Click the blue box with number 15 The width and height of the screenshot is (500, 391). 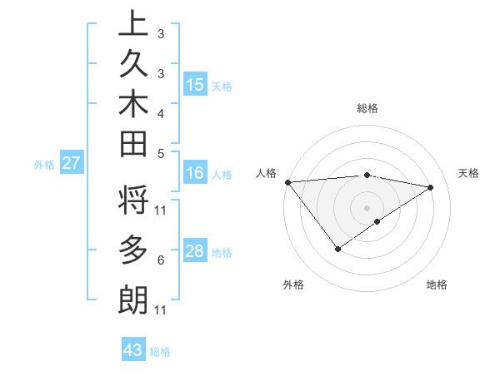pos(195,84)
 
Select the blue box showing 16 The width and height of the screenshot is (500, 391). pos(195,173)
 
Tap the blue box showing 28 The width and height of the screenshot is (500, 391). pos(195,251)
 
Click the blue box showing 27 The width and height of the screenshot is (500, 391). pos(71,163)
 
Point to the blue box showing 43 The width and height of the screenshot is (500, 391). pos(133,350)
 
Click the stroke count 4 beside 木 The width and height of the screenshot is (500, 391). pos(160,112)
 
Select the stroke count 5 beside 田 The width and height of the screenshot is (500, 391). pos(160,153)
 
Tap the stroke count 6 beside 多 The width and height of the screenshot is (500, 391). pos(160,260)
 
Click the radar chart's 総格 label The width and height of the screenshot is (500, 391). pos(367,108)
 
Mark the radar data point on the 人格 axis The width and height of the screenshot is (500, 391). pos(287,181)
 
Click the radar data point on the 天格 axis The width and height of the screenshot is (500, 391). pos(431,187)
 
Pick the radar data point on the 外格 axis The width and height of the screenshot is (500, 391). pos(337,248)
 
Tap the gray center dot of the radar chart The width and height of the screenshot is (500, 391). pos(367,207)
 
